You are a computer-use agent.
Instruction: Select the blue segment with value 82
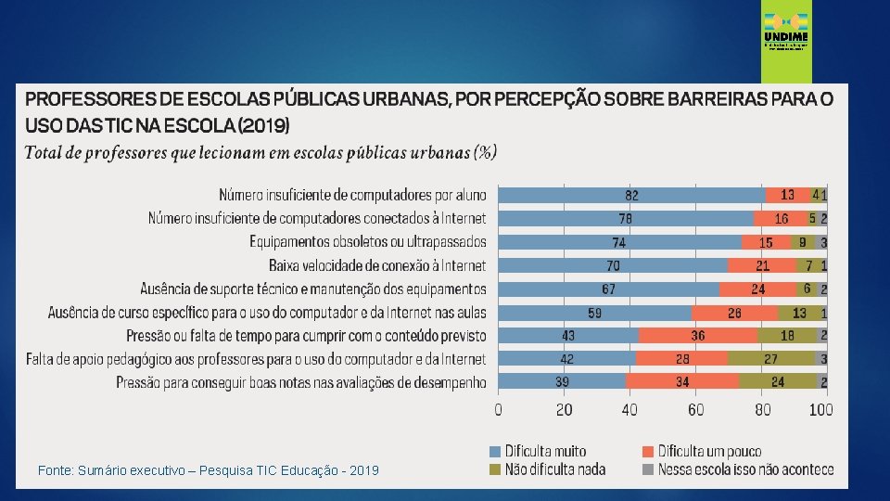coord(631,195)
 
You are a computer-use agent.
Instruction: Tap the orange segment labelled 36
coord(698,335)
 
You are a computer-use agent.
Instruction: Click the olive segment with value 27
coord(770,358)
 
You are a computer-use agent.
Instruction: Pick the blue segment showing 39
coord(563,381)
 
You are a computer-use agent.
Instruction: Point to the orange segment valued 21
coord(762,265)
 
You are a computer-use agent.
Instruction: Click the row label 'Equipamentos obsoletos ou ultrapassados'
coord(367,242)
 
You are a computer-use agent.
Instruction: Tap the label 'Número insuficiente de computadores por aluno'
coord(352,195)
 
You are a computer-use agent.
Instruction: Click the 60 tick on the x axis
coord(696,409)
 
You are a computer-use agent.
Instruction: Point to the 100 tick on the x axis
coord(821,409)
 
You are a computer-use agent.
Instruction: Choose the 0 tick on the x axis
coord(499,409)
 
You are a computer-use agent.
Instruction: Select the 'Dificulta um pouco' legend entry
coord(710,451)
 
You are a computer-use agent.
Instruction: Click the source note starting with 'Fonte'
coord(208,471)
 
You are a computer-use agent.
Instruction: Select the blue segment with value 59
coord(595,312)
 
